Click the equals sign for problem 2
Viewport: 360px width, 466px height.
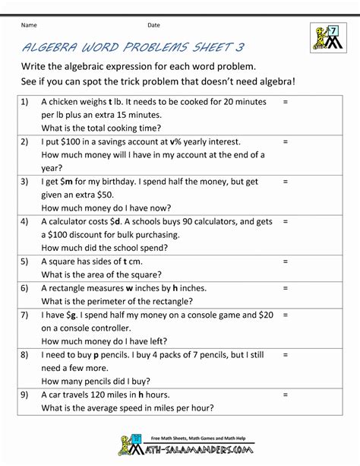click(x=286, y=142)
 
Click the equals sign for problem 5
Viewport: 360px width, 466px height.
click(x=286, y=262)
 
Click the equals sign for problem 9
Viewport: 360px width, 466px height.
click(x=286, y=395)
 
